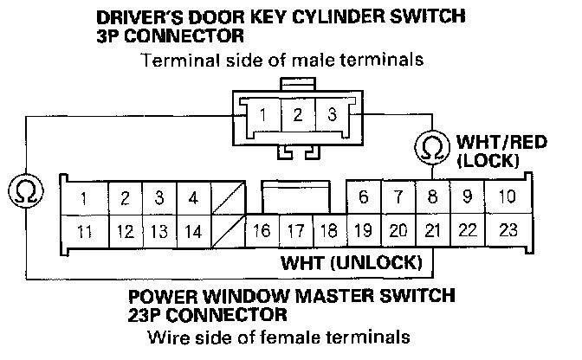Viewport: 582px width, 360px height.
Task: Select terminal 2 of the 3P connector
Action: click(x=298, y=114)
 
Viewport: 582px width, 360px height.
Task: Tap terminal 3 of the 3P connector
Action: click(x=333, y=114)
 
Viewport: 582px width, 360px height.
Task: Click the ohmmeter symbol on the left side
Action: click(x=26, y=191)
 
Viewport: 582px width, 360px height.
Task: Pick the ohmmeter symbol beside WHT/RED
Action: click(x=432, y=148)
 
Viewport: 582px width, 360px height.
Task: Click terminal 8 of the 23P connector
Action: click(x=433, y=196)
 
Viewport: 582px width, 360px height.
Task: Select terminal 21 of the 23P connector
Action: click(x=433, y=230)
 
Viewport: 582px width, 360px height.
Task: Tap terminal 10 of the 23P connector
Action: click(x=508, y=196)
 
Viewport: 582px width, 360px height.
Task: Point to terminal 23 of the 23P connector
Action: click(x=508, y=230)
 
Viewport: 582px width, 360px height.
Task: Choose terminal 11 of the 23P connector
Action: click(x=85, y=232)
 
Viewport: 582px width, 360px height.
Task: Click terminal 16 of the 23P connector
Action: click(x=262, y=230)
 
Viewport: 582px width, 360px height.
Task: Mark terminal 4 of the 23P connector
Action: click(x=193, y=198)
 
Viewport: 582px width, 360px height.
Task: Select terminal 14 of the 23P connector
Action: click(x=193, y=232)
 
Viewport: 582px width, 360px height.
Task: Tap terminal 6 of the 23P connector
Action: click(x=364, y=196)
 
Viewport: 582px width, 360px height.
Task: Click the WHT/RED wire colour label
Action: click(x=501, y=142)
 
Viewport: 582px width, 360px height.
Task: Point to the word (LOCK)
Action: click(x=488, y=161)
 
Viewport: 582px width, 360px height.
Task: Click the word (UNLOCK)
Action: click(x=377, y=262)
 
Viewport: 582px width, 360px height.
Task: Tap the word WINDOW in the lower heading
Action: click(x=247, y=296)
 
